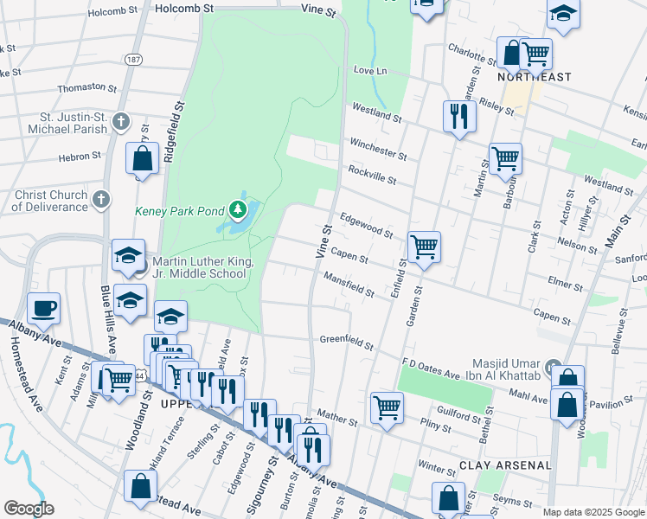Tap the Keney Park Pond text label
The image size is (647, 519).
[180, 210]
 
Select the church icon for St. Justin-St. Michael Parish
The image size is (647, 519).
[121, 121]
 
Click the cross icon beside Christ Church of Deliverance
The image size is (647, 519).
[101, 200]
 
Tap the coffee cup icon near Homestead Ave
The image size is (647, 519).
[43, 307]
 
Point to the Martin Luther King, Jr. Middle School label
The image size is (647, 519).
[202, 267]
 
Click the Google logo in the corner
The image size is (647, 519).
[29, 509]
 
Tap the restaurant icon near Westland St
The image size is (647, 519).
[458, 115]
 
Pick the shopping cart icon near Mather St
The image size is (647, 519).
[387, 406]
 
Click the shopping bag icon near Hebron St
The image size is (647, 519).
[142, 158]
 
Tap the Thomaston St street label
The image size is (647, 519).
[86, 88]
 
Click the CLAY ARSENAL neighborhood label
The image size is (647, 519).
[506, 465]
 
